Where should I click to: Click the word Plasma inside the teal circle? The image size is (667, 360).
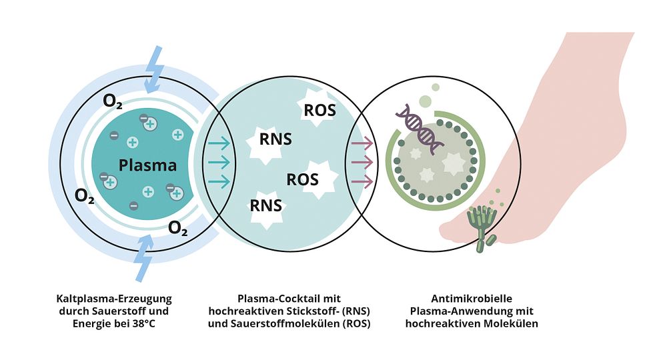point(147,165)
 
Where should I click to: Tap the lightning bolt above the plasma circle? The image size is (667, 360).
point(153,69)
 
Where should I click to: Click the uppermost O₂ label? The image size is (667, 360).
point(112,101)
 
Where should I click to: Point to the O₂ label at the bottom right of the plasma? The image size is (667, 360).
point(178,228)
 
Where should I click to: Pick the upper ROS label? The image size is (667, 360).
point(320,111)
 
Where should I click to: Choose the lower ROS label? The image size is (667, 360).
point(302,179)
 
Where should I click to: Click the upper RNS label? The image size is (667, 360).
point(275,139)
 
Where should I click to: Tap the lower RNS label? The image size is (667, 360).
point(266,205)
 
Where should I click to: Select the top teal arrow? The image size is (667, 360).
point(219,143)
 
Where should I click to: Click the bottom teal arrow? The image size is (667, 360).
point(219,181)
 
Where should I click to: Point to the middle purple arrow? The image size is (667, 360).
point(362,163)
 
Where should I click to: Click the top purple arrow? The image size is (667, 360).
point(362,143)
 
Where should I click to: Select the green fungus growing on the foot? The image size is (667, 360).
point(482,228)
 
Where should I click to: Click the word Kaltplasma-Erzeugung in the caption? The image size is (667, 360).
point(114,299)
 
